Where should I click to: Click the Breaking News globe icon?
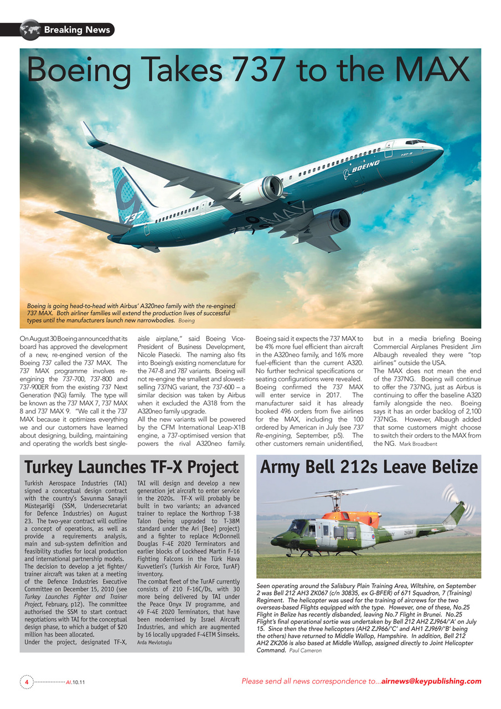click(x=30, y=29)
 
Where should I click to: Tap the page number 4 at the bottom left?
click(x=26, y=681)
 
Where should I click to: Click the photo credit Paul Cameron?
click(x=305, y=650)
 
